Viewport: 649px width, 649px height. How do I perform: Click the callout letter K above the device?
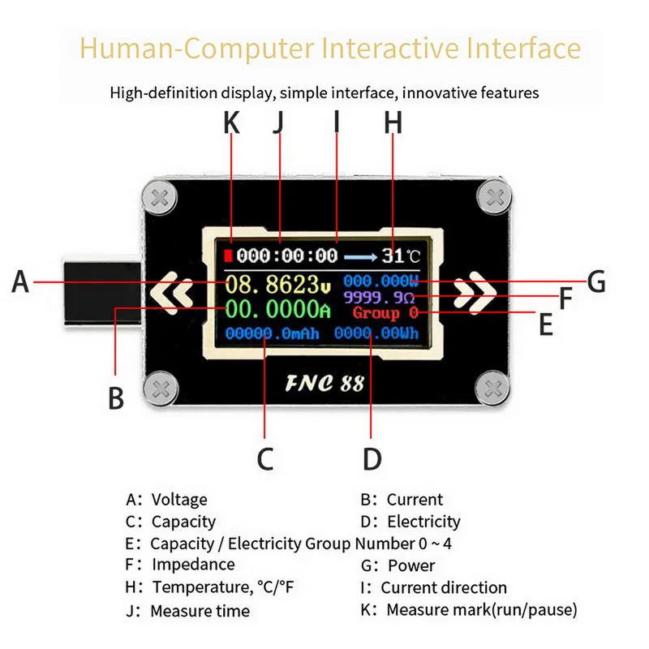(x=231, y=123)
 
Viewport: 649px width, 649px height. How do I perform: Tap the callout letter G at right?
(x=596, y=282)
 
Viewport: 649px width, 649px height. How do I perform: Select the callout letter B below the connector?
(x=116, y=398)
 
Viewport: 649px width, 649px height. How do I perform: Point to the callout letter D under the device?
(x=372, y=458)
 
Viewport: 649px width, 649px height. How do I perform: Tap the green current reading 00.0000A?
(x=278, y=309)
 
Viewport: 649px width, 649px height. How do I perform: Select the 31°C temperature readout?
(x=401, y=256)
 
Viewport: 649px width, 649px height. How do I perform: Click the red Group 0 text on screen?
(x=385, y=313)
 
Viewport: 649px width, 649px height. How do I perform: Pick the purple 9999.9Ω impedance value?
(x=379, y=297)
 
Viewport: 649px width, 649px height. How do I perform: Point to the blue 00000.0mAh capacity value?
(x=272, y=333)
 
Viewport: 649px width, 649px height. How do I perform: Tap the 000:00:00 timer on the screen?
(x=287, y=256)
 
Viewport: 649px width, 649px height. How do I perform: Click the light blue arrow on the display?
(x=360, y=257)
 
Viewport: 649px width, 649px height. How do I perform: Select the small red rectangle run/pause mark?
(x=228, y=256)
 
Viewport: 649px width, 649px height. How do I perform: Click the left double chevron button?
(x=172, y=293)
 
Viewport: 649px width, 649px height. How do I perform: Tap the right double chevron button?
(x=475, y=292)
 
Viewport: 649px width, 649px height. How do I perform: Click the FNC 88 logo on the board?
(x=325, y=383)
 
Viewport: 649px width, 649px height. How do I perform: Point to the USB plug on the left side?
(x=103, y=293)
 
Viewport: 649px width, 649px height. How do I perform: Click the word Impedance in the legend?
(x=193, y=565)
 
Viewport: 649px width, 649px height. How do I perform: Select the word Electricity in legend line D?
(x=423, y=522)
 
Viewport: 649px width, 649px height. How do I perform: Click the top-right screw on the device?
(x=495, y=196)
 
